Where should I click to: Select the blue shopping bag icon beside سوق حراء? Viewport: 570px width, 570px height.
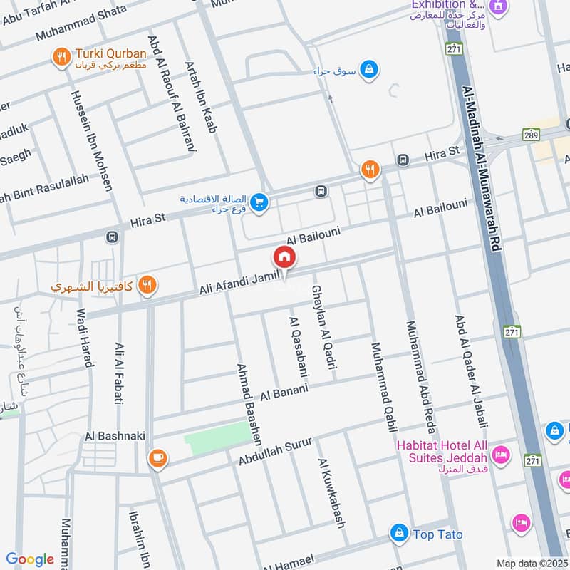(x=369, y=69)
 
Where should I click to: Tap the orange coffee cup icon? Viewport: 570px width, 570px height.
(x=157, y=459)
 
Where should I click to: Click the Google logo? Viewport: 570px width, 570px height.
(x=30, y=559)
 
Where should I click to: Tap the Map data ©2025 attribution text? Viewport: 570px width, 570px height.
(x=531, y=563)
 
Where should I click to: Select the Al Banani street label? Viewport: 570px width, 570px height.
(x=284, y=391)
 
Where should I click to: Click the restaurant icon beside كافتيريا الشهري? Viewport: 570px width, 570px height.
(x=147, y=285)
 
